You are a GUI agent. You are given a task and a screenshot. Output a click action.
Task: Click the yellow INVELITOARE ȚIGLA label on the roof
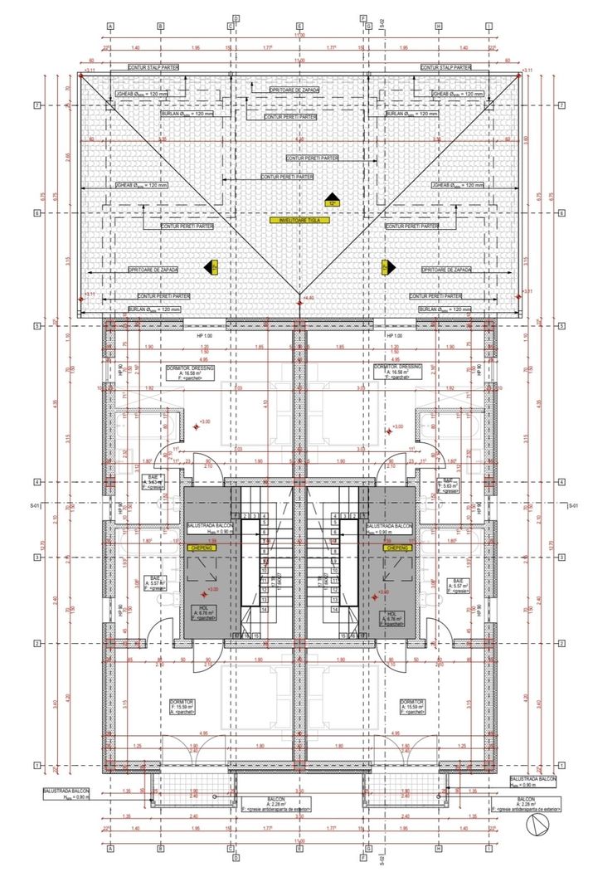point(299,221)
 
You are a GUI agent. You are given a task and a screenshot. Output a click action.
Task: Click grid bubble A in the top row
point(109,26)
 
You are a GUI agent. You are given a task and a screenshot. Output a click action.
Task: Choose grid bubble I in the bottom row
point(489,849)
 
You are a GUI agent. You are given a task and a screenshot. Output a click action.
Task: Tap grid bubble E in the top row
point(299,26)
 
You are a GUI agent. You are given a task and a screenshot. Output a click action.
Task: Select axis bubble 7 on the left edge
point(38,105)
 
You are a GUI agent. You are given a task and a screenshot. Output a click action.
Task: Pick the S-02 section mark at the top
point(382,22)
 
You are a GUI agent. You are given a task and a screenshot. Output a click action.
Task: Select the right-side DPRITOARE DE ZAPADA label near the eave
point(446,270)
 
